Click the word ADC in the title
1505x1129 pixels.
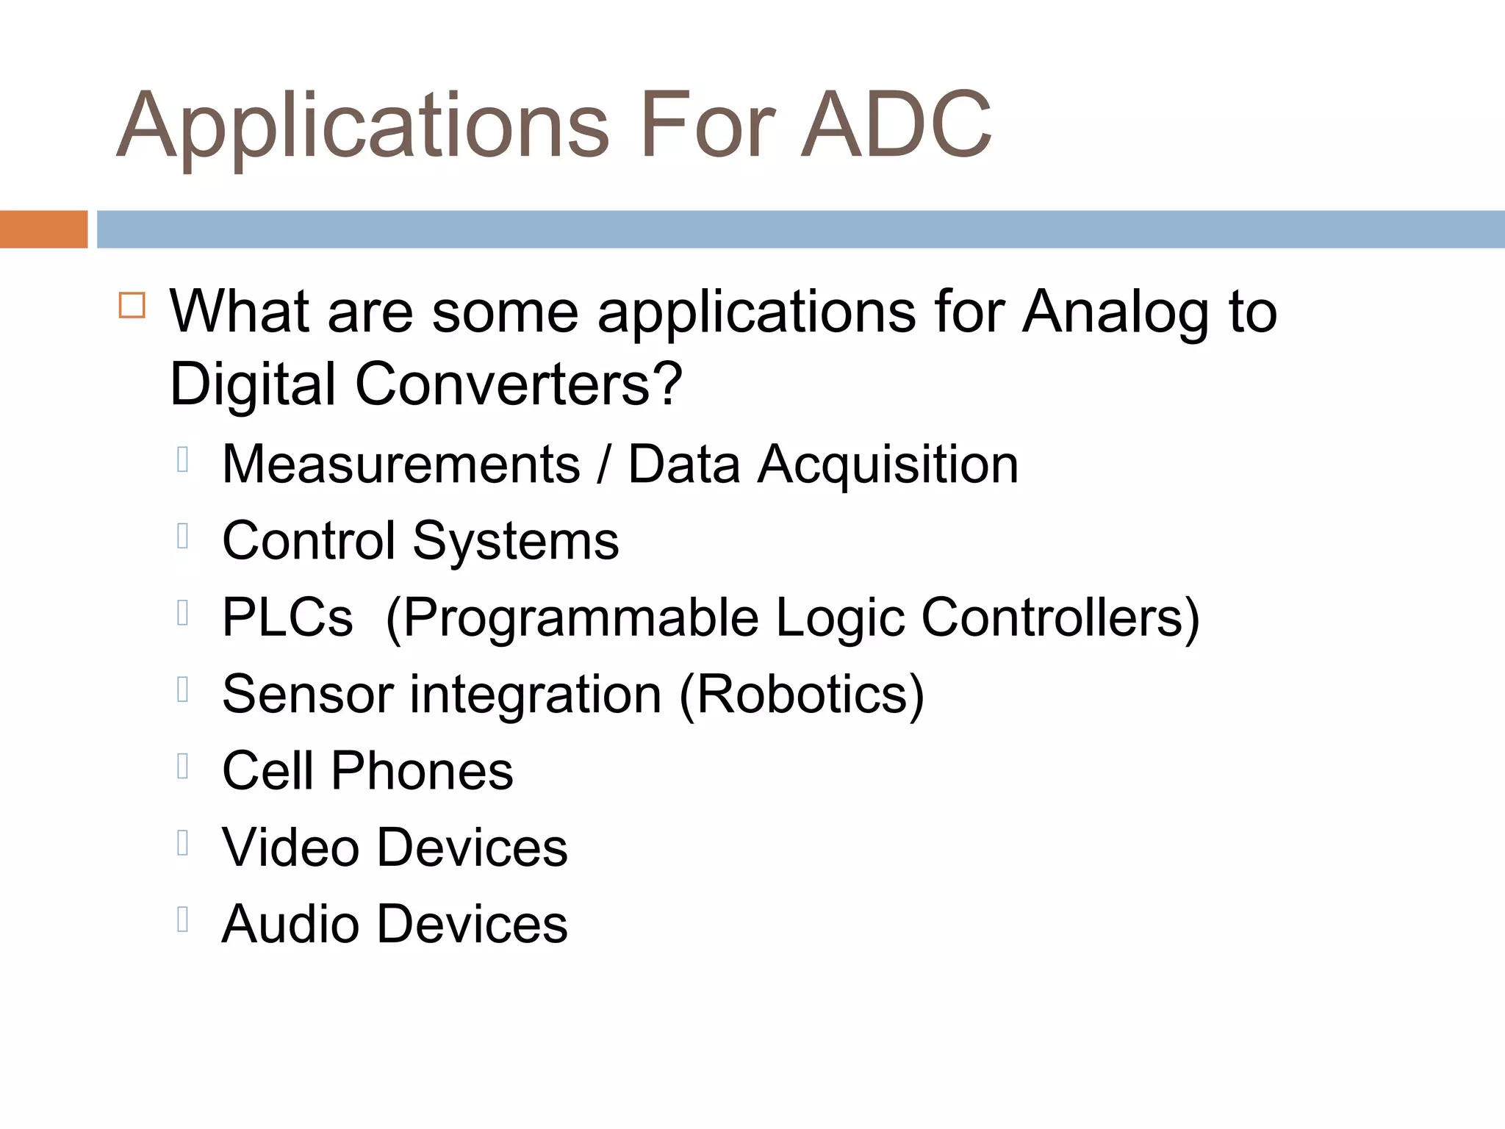click(897, 125)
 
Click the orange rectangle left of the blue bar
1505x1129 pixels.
click(43, 229)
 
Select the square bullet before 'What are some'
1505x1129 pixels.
click(132, 305)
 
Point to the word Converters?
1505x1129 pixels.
click(519, 384)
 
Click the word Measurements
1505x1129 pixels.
click(401, 465)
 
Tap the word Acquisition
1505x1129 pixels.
click(888, 466)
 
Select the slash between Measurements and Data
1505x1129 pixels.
click(603, 466)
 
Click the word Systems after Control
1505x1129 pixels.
click(516, 542)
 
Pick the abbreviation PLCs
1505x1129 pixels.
click(287, 617)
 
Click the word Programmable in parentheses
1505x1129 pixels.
click(580, 619)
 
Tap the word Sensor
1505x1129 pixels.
click(308, 694)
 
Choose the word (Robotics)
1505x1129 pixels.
click(802, 695)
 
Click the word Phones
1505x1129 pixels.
click(422, 771)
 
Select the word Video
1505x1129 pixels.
click(290, 847)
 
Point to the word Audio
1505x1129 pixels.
click(290, 924)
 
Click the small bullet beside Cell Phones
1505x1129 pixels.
click(183, 766)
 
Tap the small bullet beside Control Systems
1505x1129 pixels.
click(183, 536)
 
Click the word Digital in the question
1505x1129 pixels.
click(253, 384)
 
